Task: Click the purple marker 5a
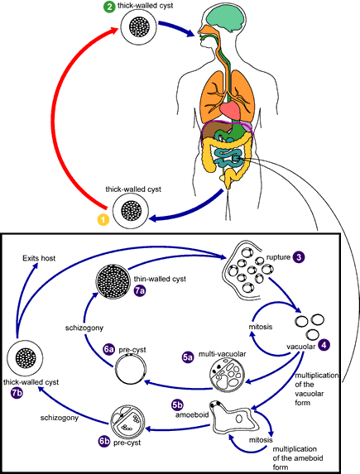[x=188, y=357]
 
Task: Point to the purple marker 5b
[x=177, y=405]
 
